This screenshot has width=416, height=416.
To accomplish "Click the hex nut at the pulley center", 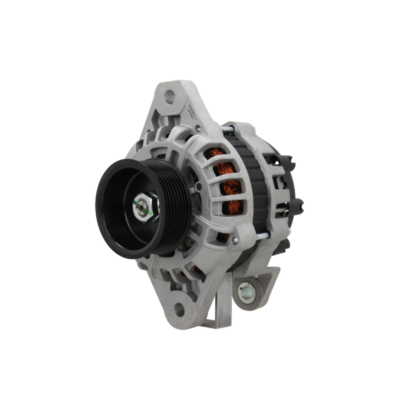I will pos(143,207).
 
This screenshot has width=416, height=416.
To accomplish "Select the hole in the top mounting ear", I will pos(169,97).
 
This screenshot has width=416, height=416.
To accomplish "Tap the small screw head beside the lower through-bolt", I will pos(235,240).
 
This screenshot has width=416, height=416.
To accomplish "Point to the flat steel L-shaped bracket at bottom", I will pos(223,304).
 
